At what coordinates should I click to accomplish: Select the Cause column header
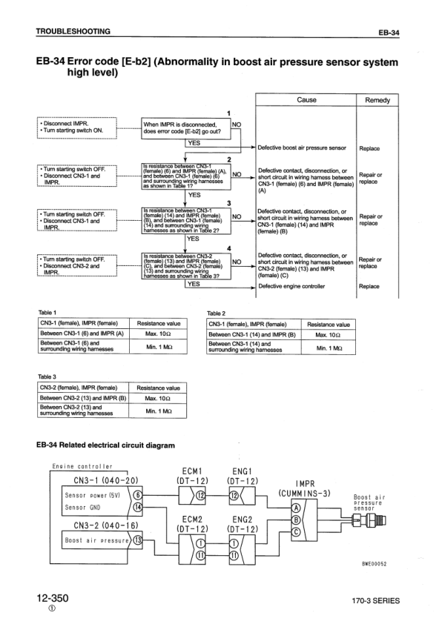(x=306, y=100)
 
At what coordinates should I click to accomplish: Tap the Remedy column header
(x=377, y=100)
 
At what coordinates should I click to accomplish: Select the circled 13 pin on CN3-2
(x=139, y=540)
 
